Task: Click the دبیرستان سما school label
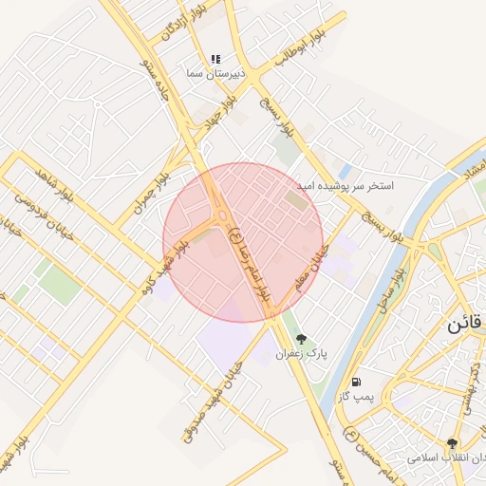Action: pyautogui.click(x=215, y=73)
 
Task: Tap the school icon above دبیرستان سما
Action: pyautogui.click(x=215, y=59)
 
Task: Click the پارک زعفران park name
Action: pyautogui.click(x=301, y=352)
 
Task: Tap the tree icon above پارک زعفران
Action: pyautogui.click(x=302, y=338)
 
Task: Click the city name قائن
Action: pyautogui.click(x=466, y=323)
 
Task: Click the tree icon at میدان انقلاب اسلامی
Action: pyautogui.click(x=452, y=443)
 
